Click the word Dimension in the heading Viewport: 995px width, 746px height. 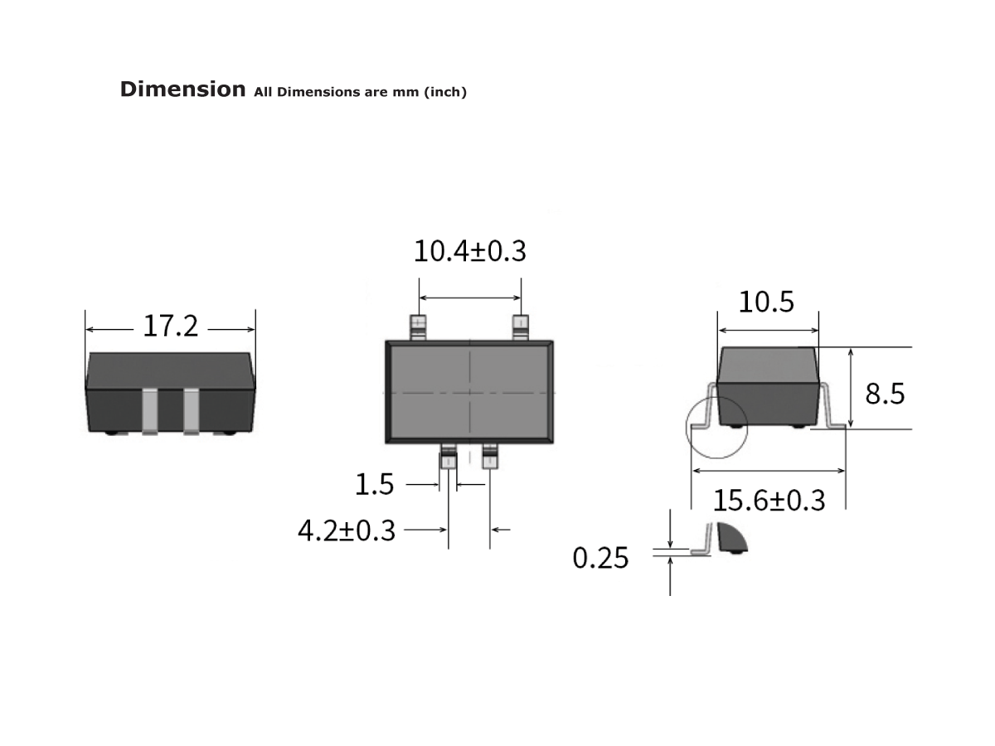[182, 90]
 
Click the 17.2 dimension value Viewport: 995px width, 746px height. [171, 327]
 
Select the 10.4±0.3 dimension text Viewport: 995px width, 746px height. [469, 250]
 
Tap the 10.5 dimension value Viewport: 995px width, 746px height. [766, 303]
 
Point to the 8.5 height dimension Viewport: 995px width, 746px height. [885, 394]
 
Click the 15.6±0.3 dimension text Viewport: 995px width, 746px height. [769, 501]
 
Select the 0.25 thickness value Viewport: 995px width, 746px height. [600, 559]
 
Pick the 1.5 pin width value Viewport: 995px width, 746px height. [375, 484]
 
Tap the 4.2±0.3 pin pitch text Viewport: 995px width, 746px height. [347, 530]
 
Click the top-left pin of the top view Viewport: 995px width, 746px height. [419, 327]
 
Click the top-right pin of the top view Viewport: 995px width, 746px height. [521, 327]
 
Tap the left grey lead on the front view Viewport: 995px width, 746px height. [150, 410]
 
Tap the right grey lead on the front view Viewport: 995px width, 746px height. [192, 410]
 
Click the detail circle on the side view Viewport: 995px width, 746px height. [716, 427]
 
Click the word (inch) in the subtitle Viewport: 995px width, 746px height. [445, 92]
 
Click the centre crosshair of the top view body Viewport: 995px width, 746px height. [470, 391]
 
